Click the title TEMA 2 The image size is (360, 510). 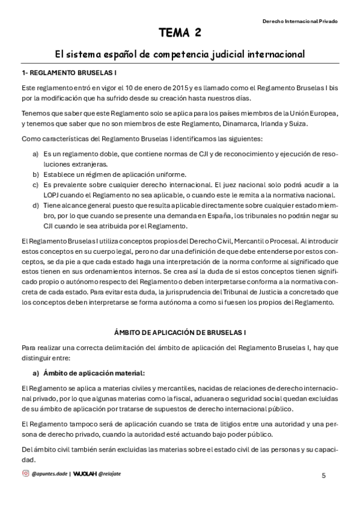tap(180, 32)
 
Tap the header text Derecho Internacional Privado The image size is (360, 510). tap(300, 20)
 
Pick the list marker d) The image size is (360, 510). tap(35, 205)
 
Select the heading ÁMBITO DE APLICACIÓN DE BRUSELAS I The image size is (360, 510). tap(180, 332)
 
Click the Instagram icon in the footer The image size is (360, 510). tap(25, 473)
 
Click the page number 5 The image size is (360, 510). tap(324, 475)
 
